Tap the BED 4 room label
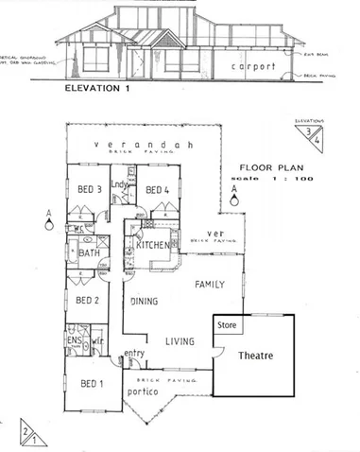[x=154, y=189]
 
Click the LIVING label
[x=179, y=341]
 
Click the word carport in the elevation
[x=251, y=68]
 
